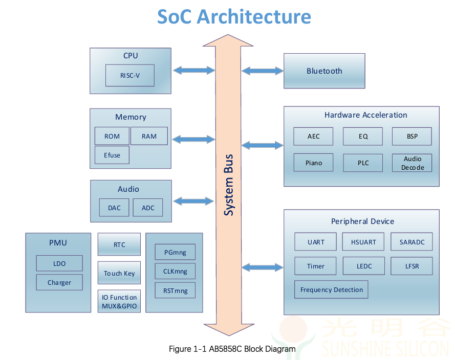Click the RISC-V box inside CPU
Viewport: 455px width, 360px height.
tap(129, 75)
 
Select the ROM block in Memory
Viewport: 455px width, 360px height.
tap(112, 136)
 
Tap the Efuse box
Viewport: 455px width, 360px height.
tap(112, 155)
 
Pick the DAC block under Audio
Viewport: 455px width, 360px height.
tap(114, 208)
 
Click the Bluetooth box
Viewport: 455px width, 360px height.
tap(324, 71)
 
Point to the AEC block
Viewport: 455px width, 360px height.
tap(313, 136)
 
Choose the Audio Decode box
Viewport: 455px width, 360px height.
tap(412, 163)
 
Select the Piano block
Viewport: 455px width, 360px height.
tap(313, 163)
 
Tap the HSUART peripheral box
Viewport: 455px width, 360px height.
tap(363, 242)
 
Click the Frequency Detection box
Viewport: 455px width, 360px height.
tap(331, 289)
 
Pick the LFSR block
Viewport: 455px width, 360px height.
tap(412, 266)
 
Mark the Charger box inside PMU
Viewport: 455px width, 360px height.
tap(59, 282)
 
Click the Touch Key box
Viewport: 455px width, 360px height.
tap(119, 273)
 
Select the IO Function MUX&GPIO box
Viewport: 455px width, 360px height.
tap(119, 302)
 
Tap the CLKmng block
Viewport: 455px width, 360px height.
tap(175, 272)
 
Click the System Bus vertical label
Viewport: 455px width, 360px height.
tap(229, 185)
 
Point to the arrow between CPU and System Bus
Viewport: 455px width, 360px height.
tap(194, 70)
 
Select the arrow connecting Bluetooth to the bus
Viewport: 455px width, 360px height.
tap(263, 71)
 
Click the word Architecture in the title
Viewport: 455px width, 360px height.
tap(254, 16)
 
